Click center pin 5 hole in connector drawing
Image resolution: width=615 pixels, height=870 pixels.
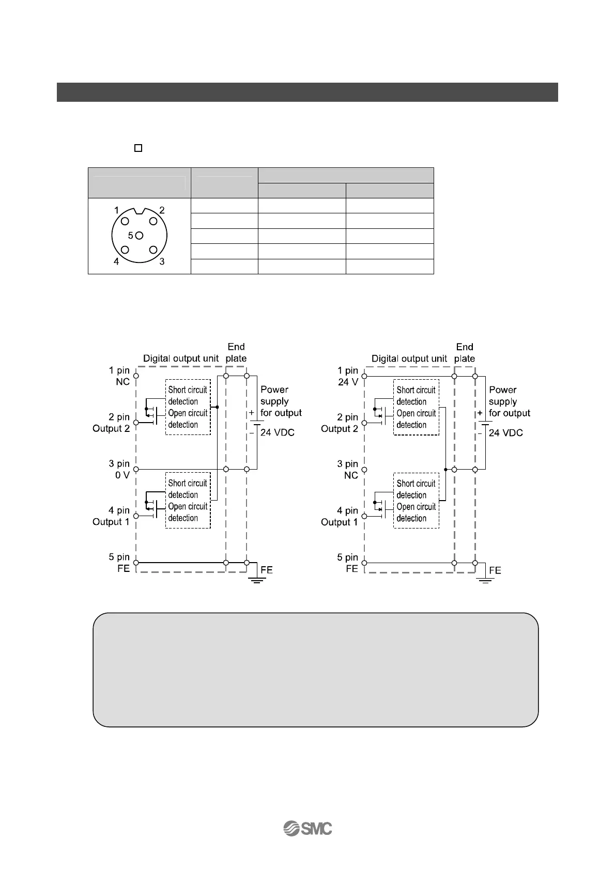140,236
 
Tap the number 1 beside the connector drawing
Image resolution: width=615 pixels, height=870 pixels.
117,210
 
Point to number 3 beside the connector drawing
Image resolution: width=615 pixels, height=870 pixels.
162,261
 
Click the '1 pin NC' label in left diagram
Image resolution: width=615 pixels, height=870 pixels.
119,376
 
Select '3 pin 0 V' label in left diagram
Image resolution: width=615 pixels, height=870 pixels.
119,469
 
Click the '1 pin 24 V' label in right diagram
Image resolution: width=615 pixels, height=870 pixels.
348,376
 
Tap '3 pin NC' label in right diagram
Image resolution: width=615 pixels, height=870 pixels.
348,470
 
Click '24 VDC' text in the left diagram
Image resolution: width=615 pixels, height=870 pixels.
278,432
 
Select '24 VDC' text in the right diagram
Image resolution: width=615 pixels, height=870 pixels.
506,433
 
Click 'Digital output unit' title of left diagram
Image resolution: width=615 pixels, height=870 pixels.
181,358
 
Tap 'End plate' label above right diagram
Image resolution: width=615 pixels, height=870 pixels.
465,352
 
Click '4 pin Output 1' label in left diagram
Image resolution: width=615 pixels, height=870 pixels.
111,516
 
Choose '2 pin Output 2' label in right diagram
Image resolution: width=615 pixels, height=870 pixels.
340,423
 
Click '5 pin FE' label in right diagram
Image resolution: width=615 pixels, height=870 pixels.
348,563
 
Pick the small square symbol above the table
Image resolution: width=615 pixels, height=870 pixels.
138,148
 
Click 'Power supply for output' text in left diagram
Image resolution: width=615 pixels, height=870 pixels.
281,401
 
